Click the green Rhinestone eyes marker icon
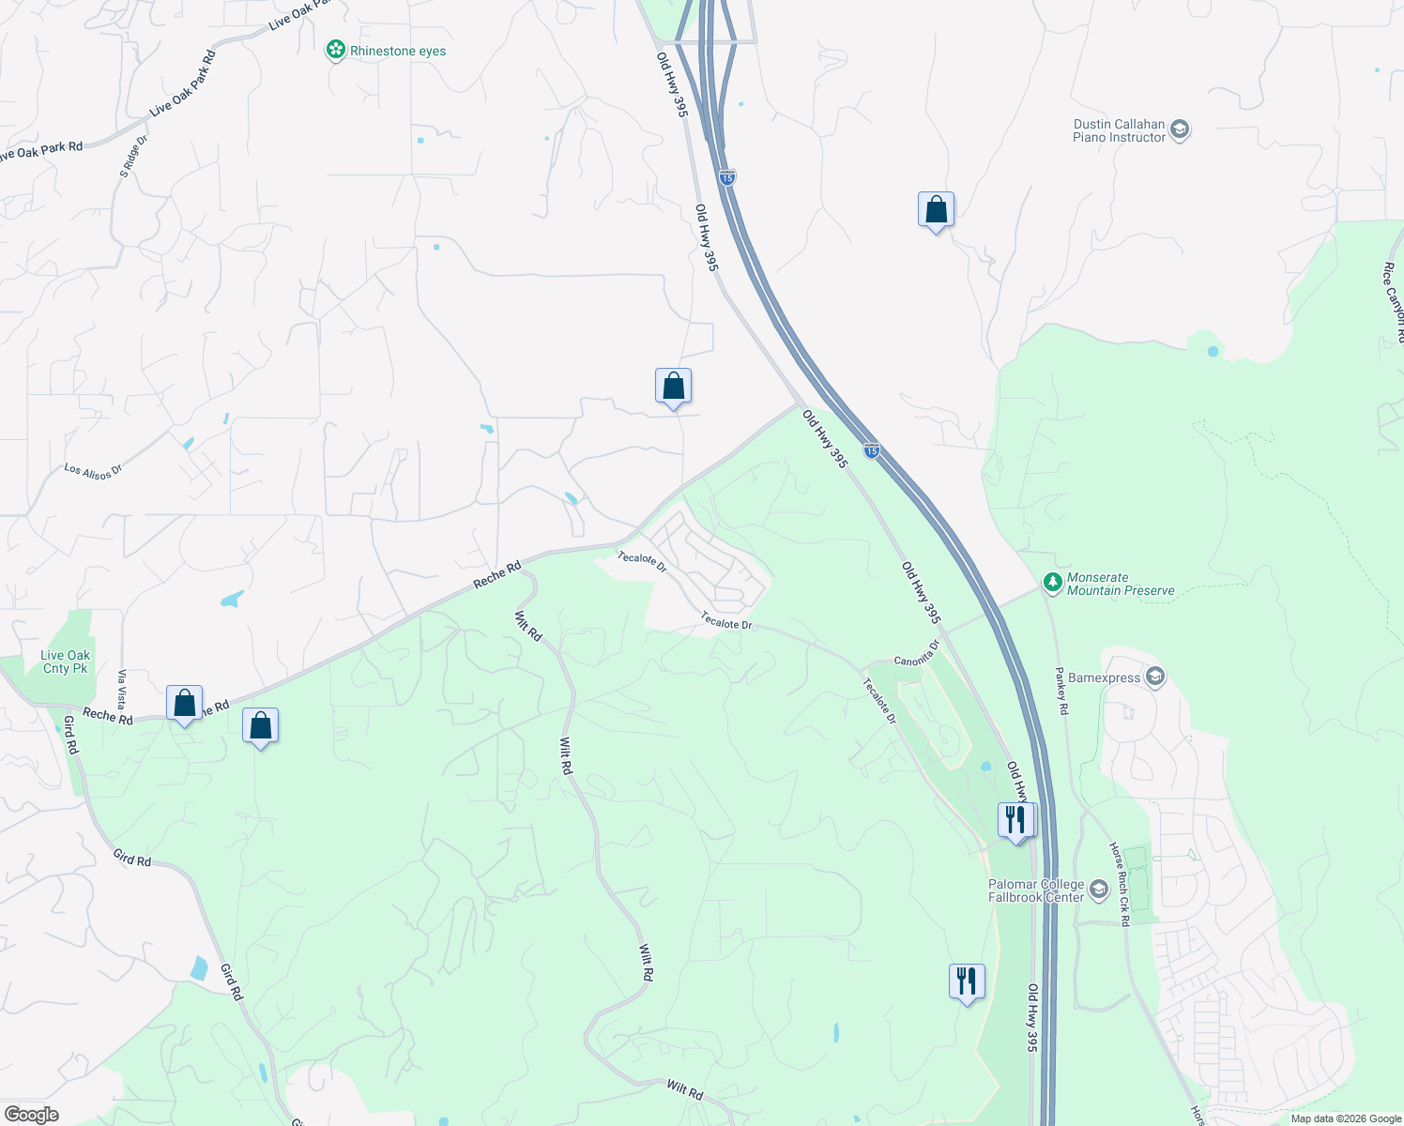(x=335, y=50)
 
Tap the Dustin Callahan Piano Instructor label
(x=1119, y=130)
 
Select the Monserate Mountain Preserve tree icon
(x=1053, y=584)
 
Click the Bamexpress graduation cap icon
(x=1155, y=677)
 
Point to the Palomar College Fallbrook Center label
(x=1036, y=890)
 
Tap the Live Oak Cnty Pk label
(x=66, y=662)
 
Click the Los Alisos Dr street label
(x=93, y=471)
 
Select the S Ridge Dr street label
(x=133, y=157)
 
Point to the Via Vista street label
(x=121, y=690)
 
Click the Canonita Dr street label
(x=917, y=654)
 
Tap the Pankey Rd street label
(x=1061, y=692)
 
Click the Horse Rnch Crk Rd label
(x=1120, y=884)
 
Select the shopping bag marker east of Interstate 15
(x=936, y=210)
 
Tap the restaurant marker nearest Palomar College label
(x=1015, y=820)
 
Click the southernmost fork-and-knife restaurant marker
(x=967, y=981)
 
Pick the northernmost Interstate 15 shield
(x=727, y=176)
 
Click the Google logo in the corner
(x=32, y=1114)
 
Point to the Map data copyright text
(x=1346, y=1118)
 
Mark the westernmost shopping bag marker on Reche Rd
(x=185, y=704)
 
